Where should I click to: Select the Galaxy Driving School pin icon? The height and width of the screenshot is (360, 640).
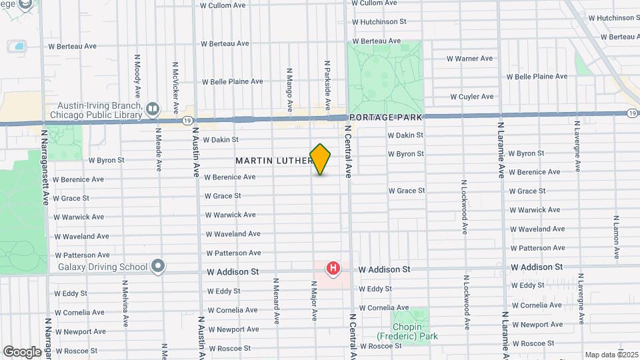pos(158,267)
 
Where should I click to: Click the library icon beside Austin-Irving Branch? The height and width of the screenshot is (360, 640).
pos(153,109)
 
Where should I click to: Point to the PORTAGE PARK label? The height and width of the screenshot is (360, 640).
pos(385,117)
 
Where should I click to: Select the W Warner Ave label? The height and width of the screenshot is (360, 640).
pos(469,59)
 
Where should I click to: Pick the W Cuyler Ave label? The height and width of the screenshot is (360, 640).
pos(471,97)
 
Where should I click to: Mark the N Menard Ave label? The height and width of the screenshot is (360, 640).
pos(274,300)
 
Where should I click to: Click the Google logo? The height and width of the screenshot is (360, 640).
pos(22,351)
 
